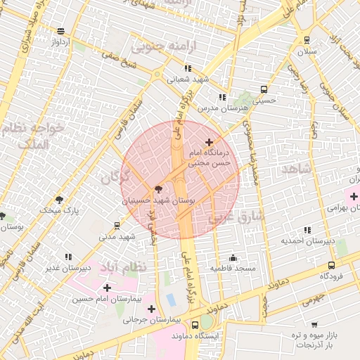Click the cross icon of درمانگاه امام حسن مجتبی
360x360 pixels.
click(208, 142)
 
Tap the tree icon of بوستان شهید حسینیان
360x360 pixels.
click(157, 188)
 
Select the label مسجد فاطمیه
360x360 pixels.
click(236, 269)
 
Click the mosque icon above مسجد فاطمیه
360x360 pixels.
click(233, 257)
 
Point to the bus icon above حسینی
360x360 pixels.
click(264, 89)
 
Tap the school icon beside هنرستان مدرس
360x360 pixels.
click(222, 97)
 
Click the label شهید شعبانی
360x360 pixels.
click(188, 79)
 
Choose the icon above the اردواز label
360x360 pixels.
click(61, 31)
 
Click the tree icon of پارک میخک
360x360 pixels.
click(58, 199)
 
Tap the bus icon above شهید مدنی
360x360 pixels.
click(116, 226)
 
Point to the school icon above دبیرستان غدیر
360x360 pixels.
click(68, 257)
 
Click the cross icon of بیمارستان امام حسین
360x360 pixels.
click(106, 287)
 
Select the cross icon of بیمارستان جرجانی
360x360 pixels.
click(151, 308)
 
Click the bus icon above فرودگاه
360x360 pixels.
click(331, 265)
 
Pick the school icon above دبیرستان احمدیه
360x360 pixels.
click(307, 230)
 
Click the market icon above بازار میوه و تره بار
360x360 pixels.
click(314, 325)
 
